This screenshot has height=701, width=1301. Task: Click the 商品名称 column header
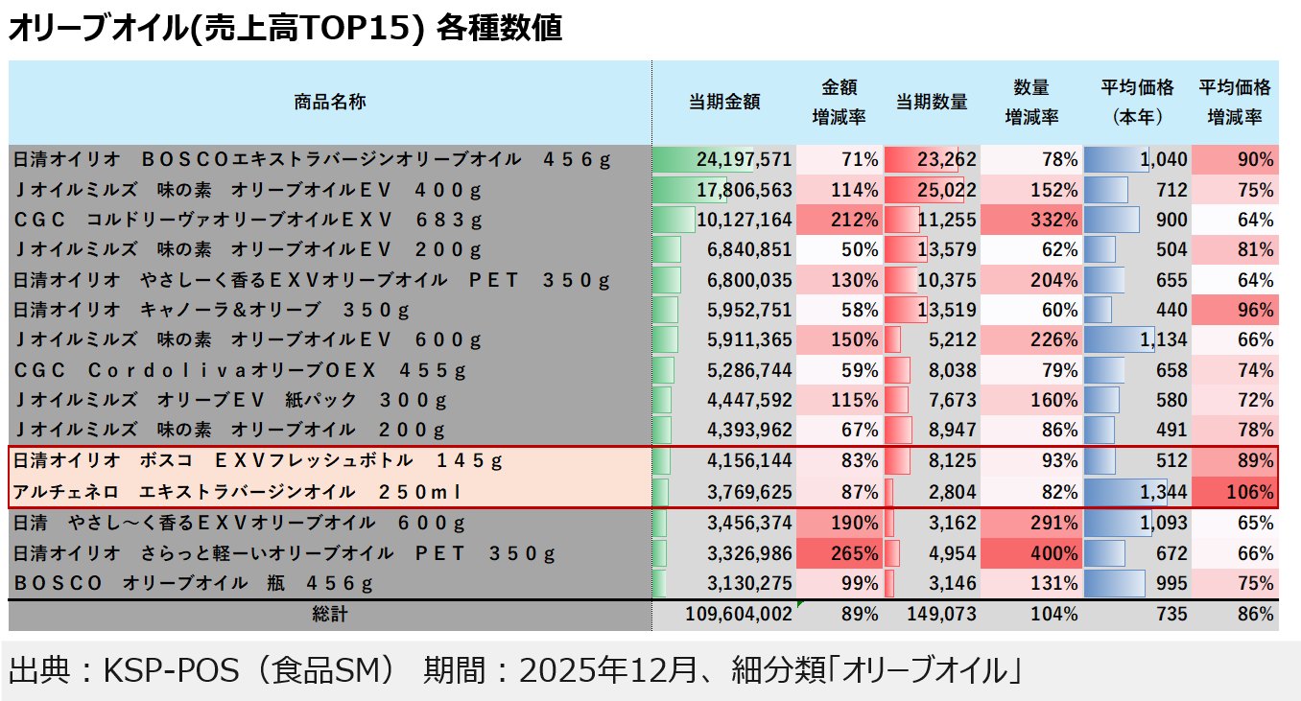[329, 102]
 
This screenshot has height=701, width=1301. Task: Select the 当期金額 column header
[724, 102]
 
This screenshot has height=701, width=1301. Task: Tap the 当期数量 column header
[931, 102]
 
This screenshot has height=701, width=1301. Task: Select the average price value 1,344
[1165, 493]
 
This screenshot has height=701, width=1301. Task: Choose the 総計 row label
[329, 615]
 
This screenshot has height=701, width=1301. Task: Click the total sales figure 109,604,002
[739, 615]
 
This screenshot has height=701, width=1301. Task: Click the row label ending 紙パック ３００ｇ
[230, 401]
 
